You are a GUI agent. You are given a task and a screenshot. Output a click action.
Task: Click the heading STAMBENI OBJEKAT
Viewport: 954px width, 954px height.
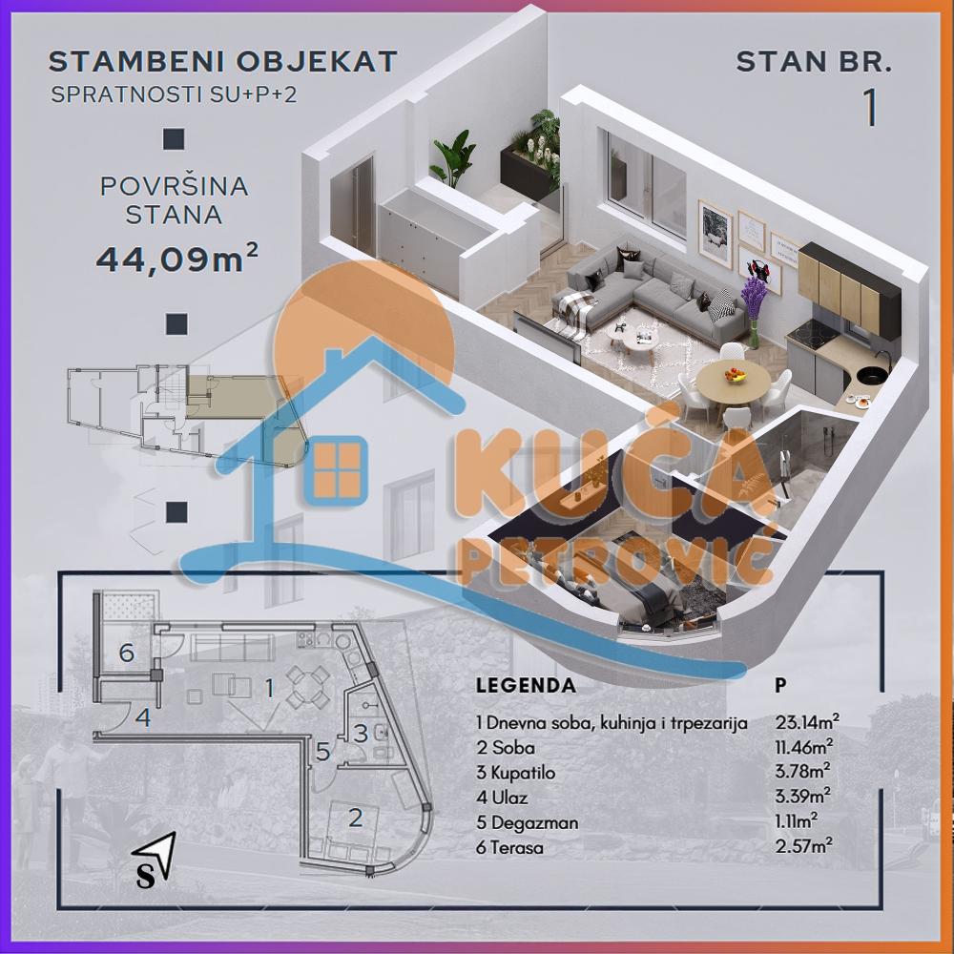click(x=222, y=62)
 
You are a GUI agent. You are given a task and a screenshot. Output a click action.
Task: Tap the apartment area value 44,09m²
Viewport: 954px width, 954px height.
click(x=176, y=259)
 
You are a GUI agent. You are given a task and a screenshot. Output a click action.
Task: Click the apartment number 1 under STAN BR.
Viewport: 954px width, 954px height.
click(x=869, y=108)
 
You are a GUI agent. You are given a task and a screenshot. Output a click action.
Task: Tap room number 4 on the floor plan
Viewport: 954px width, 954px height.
click(x=142, y=716)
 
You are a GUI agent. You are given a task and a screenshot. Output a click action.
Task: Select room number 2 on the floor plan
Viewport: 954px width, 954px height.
click(x=355, y=817)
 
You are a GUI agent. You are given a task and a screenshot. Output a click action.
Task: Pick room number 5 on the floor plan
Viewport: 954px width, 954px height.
click(x=322, y=752)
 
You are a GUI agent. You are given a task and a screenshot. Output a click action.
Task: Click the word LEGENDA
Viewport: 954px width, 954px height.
click(x=525, y=685)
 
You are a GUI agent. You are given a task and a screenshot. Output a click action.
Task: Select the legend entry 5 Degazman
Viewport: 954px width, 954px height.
click(x=526, y=822)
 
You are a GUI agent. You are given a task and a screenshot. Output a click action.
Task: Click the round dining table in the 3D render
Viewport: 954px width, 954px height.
click(x=733, y=383)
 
